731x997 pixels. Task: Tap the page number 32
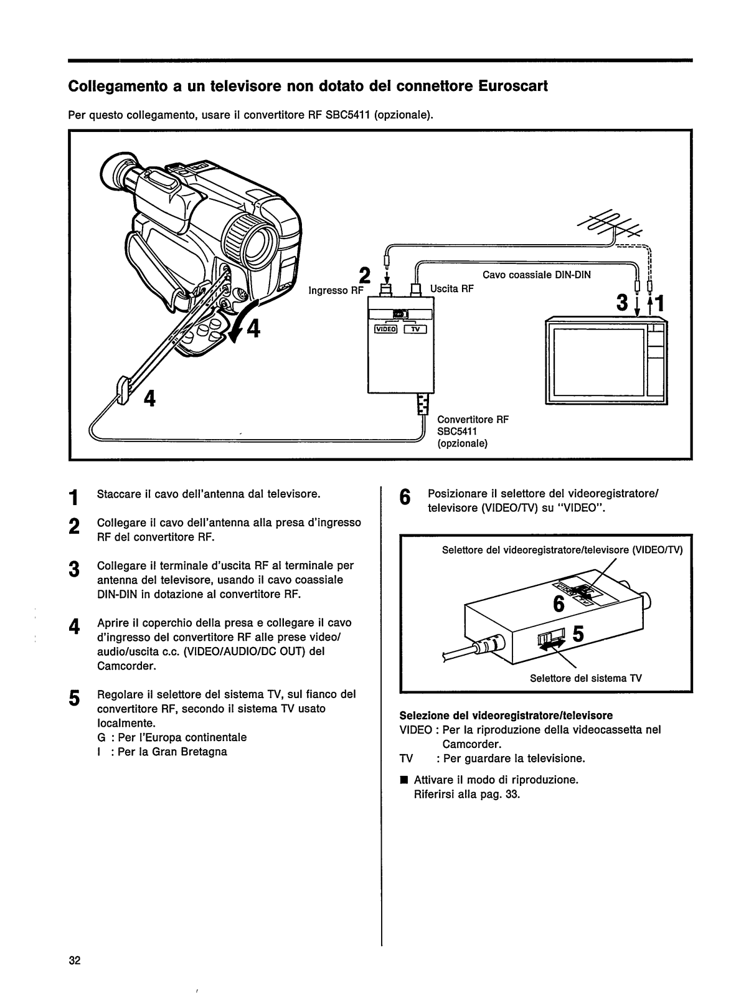pyautogui.click(x=75, y=960)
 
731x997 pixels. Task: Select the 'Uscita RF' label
pyautogui.click(x=452, y=288)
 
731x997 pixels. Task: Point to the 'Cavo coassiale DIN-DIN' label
pyautogui.click(x=537, y=274)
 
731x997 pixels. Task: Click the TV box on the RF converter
pyautogui.click(x=415, y=329)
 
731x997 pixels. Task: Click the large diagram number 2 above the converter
pyautogui.click(x=365, y=275)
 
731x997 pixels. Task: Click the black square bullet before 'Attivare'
pyautogui.click(x=403, y=780)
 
